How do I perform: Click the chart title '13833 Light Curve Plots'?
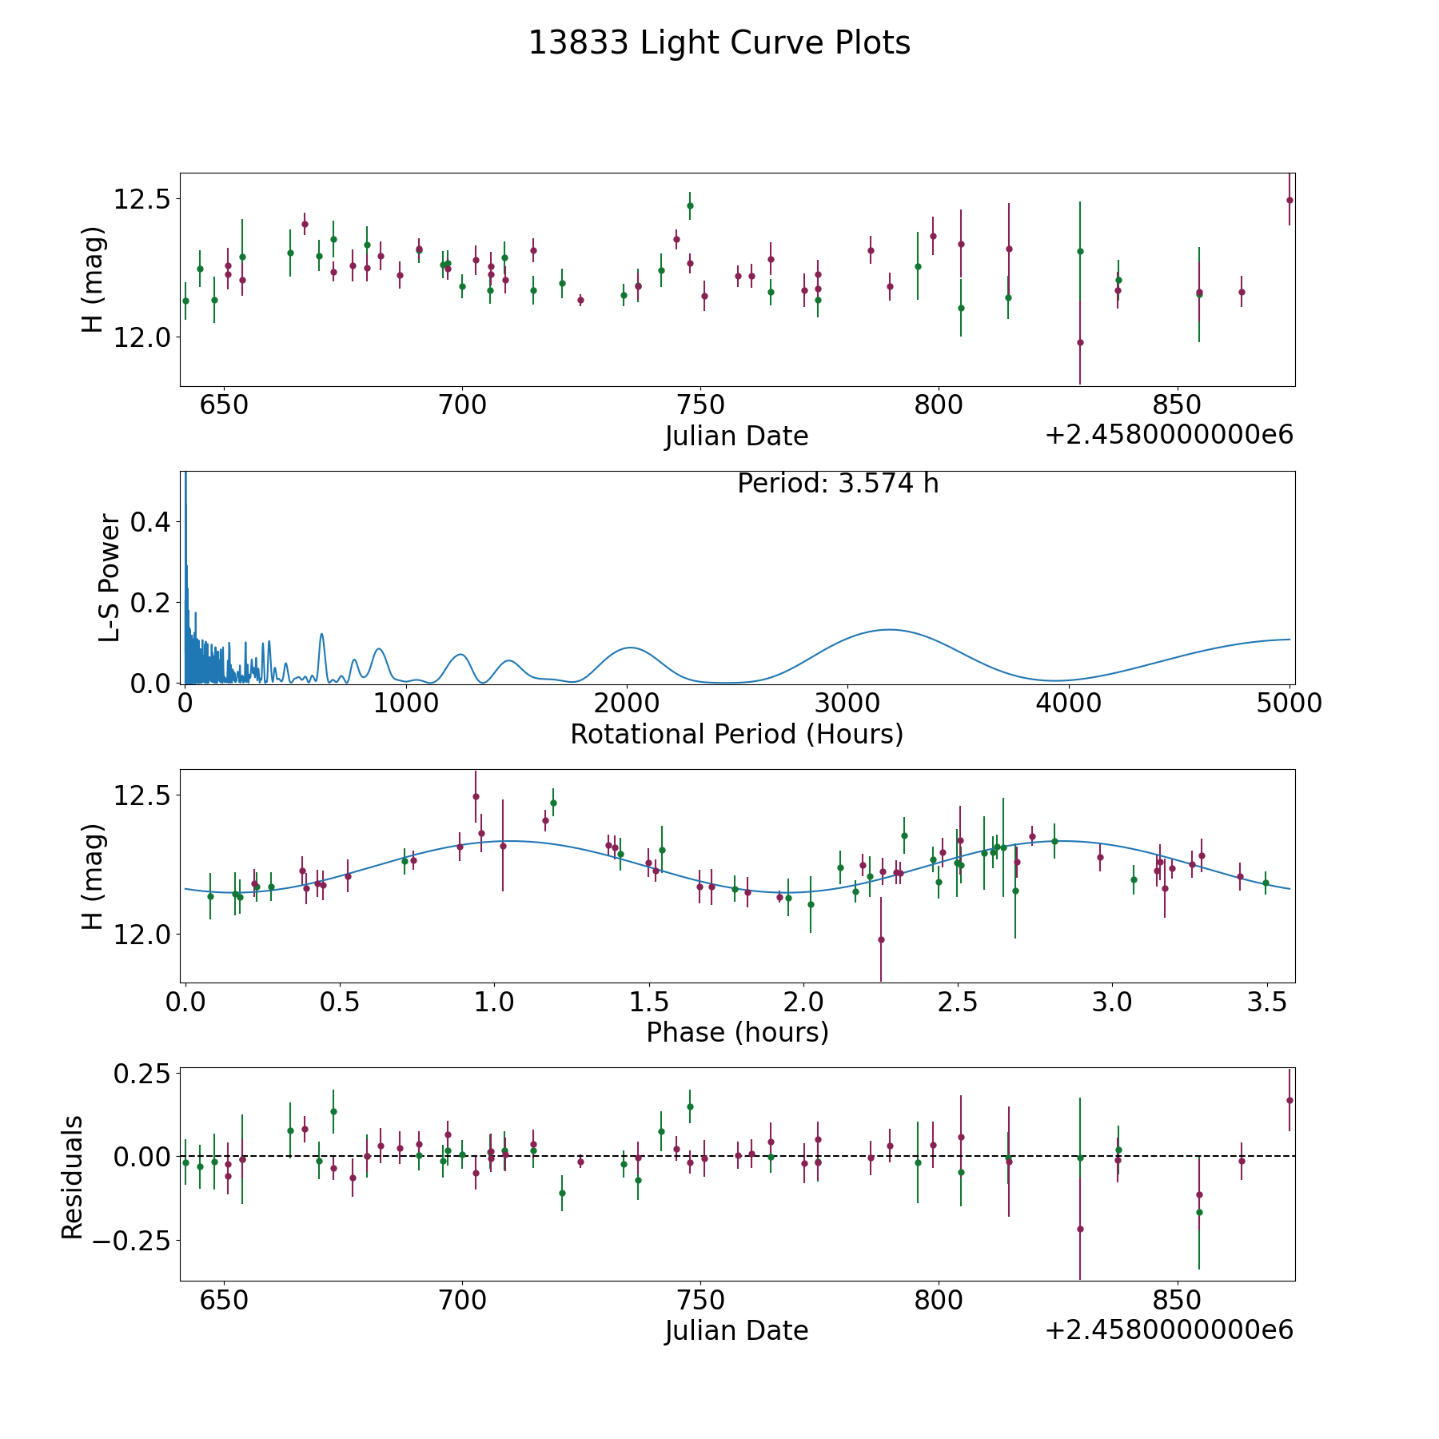click(x=719, y=43)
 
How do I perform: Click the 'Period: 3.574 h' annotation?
click(x=837, y=484)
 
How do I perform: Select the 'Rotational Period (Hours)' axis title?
click(x=736, y=734)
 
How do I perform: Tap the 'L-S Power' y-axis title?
click(x=110, y=578)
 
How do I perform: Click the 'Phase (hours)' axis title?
click(x=736, y=1032)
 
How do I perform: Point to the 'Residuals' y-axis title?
click(x=72, y=1177)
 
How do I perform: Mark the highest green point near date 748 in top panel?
click(x=690, y=205)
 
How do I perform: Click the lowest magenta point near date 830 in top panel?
click(x=1080, y=342)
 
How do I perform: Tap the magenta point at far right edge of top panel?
click(x=1290, y=200)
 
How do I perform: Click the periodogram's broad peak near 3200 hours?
click(x=888, y=630)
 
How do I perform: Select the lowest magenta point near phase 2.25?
click(x=881, y=939)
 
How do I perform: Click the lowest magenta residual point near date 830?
click(x=1080, y=1229)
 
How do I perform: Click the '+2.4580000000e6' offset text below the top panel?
click(x=1169, y=436)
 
